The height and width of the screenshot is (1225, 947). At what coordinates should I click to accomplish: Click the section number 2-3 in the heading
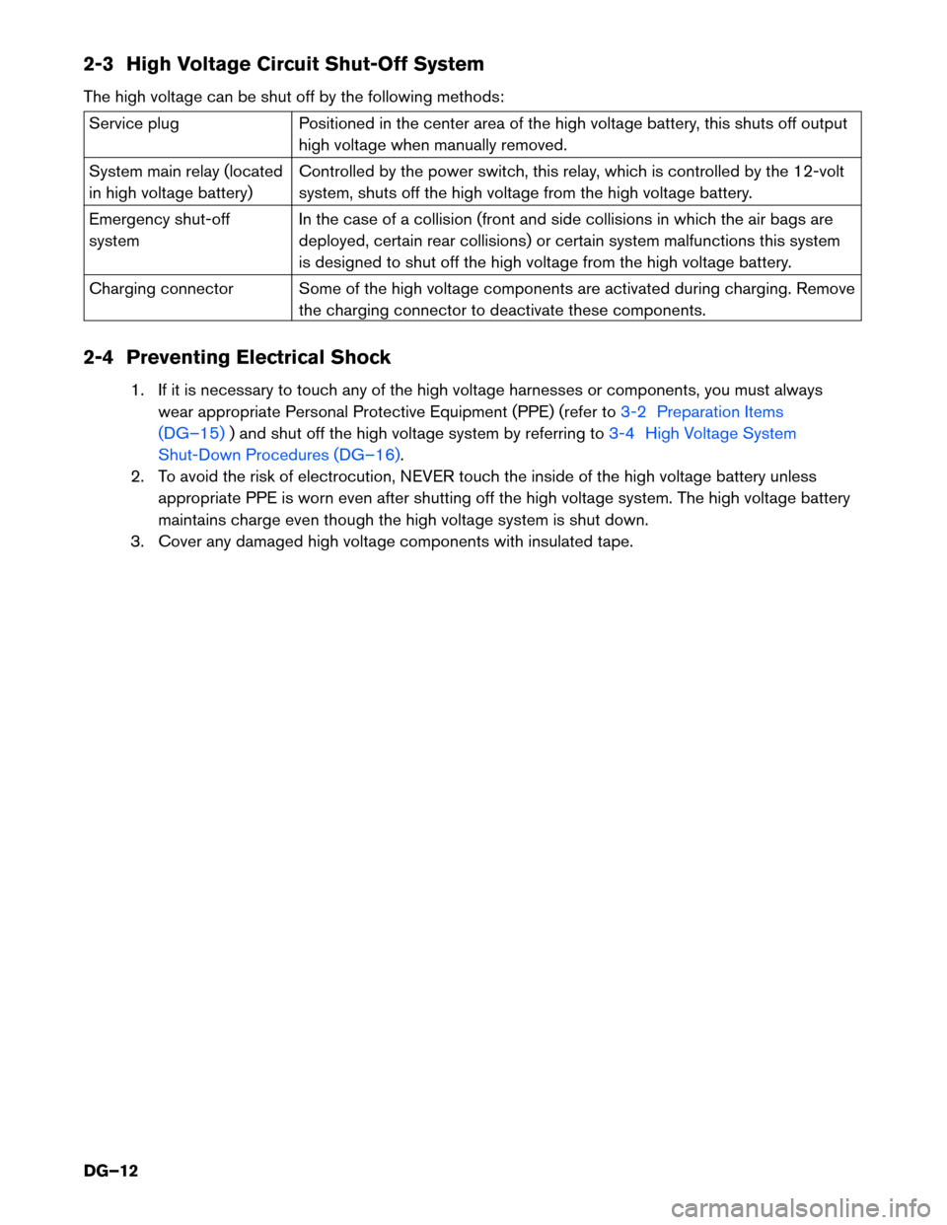(98, 64)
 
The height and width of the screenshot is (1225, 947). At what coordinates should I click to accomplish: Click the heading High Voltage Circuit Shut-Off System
(305, 64)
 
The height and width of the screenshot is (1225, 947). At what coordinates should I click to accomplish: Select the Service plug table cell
(134, 124)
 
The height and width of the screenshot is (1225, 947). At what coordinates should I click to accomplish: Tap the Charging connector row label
(161, 289)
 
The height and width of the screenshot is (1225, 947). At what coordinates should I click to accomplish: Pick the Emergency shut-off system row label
(159, 230)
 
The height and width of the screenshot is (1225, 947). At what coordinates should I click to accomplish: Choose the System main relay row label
(185, 181)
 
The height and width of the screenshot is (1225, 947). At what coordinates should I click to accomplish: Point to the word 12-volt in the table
(819, 172)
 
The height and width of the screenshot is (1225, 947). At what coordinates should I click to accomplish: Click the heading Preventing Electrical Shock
(258, 357)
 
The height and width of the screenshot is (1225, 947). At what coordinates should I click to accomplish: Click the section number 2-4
(98, 357)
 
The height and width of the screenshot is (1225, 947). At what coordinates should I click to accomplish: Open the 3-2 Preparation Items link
(701, 412)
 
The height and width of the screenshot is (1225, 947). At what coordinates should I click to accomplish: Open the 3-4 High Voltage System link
(701, 434)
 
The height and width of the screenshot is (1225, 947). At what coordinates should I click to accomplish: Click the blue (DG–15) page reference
(191, 434)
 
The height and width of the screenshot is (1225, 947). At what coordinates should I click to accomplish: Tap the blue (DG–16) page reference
(367, 456)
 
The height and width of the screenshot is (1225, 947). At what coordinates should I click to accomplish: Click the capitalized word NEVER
(426, 477)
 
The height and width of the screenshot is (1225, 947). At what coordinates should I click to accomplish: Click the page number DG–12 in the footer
(110, 1171)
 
